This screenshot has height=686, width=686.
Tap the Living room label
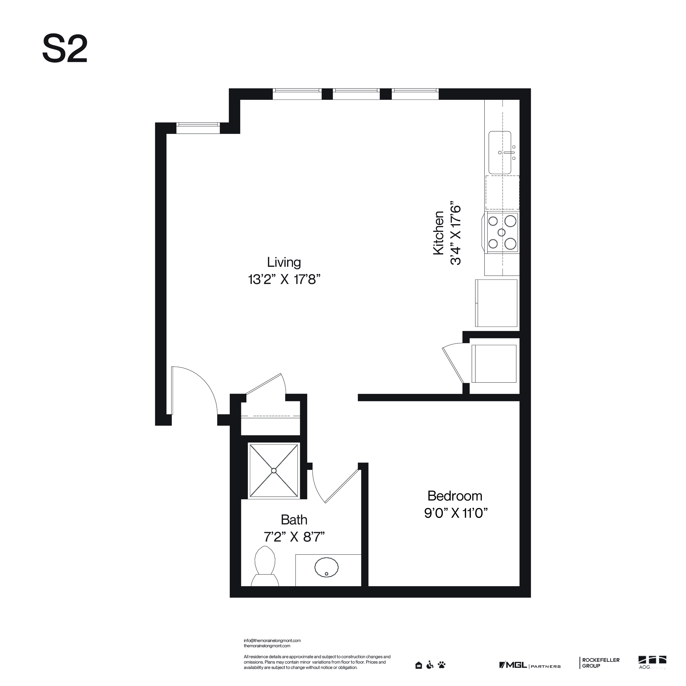[x=284, y=262]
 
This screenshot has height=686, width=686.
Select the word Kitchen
[x=439, y=233]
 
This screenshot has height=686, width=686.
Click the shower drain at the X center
[x=273, y=471]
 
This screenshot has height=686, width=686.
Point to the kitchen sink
[x=500, y=153]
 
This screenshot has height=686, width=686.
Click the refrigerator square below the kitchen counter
[x=496, y=303]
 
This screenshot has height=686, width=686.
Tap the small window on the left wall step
[x=198, y=128]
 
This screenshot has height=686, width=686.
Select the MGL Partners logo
[x=529, y=665]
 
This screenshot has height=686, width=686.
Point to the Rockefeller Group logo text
[x=600, y=663]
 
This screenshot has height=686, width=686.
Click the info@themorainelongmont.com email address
[x=272, y=641]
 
